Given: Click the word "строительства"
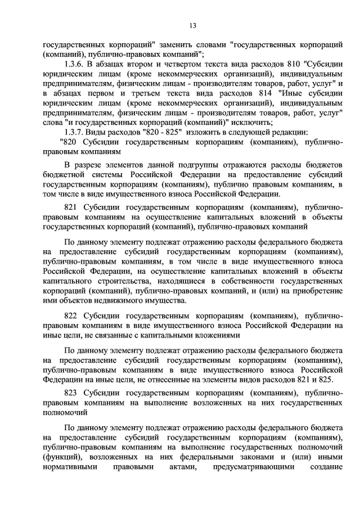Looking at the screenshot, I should (x=112, y=280).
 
